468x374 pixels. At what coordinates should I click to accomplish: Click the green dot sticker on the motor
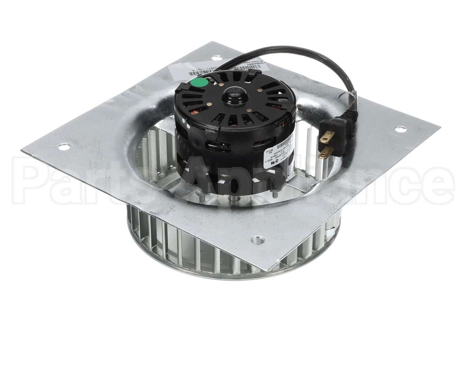pyautogui.click(x=200, y=83)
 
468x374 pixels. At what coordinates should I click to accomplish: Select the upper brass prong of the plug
pyautogui.click(x=327, y=137)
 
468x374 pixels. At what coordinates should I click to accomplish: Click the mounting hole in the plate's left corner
pyautogui.click(x=64, y=147)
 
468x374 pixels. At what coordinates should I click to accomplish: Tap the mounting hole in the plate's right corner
pyautogui.click(x=400, y=129)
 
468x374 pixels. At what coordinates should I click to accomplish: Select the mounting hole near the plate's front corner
pyautogui.click(x=257, y=240)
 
